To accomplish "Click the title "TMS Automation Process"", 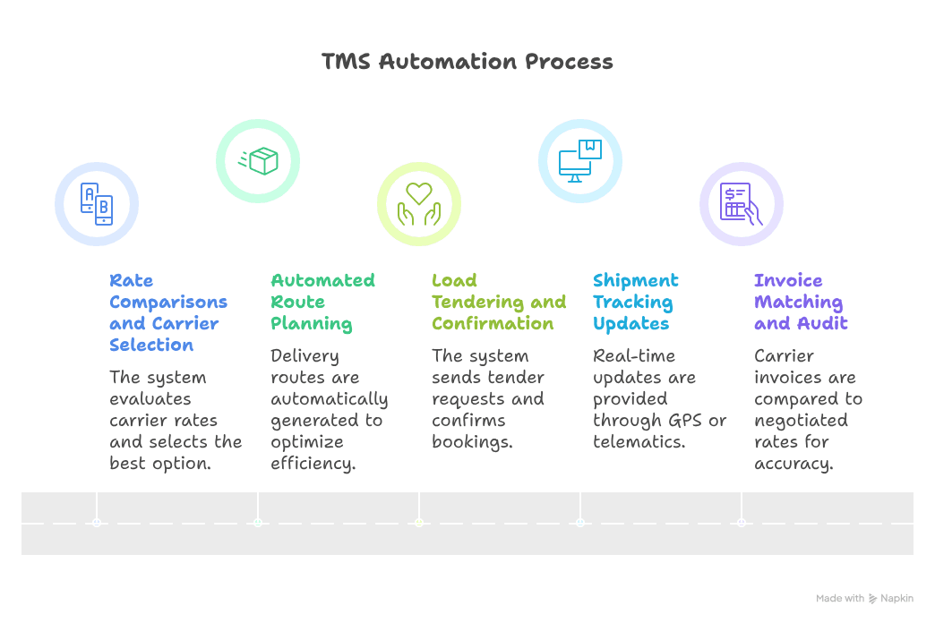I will click(467, 62).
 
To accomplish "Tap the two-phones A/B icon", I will click(97, 204).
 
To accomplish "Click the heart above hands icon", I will click(419, 204).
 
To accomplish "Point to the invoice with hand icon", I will click(742, 204).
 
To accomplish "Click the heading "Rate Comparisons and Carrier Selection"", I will click(168, 312).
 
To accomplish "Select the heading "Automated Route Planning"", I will click(322, 302).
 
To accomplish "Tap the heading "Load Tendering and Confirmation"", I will click(498, 302).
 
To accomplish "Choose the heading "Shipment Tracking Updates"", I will click(636, 302).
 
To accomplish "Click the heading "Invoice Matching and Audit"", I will click(800, 302).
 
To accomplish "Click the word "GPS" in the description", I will click(686, 420).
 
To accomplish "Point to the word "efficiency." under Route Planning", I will click(313, 463).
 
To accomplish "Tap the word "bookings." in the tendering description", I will click(472, 441).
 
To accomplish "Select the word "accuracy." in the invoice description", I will click(793, 463).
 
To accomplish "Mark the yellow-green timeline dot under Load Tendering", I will click(419, 522).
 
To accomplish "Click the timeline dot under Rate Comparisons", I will click(97, 522).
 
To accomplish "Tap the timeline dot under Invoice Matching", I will click(742, 522).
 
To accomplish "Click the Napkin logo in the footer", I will click(873, 599).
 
